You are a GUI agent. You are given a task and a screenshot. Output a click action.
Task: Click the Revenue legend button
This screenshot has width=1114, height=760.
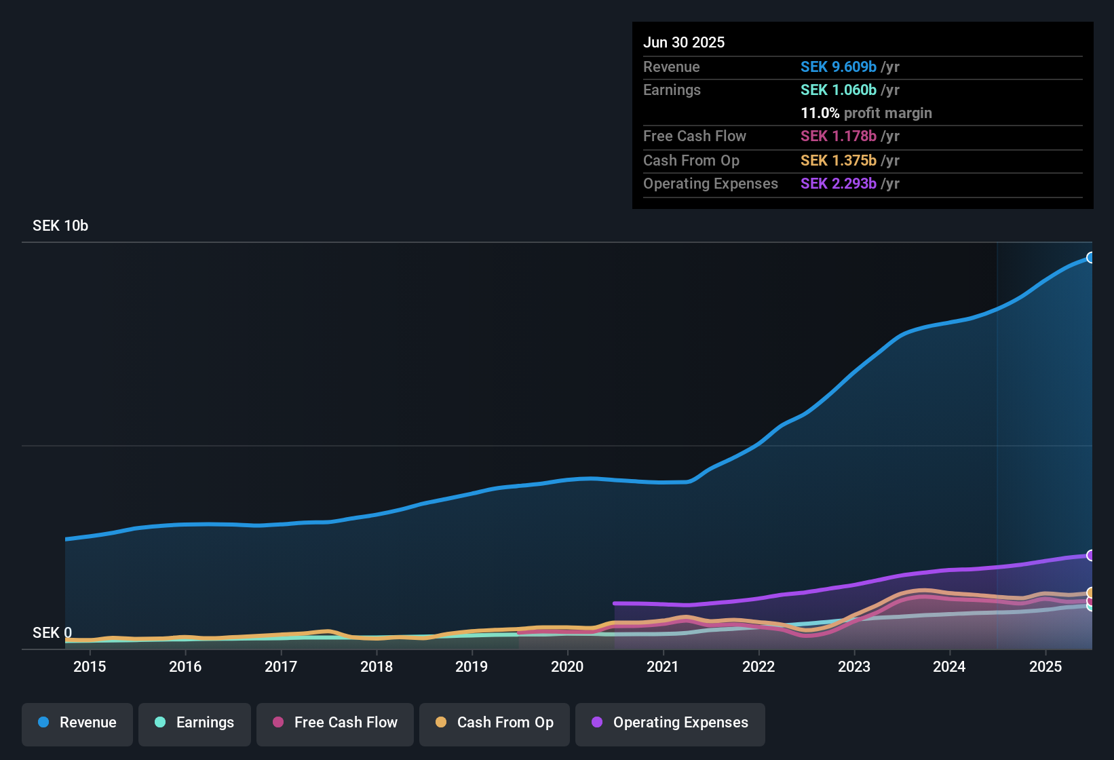[77, 723]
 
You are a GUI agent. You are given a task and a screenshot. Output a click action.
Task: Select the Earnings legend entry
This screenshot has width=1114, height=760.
[195, 723]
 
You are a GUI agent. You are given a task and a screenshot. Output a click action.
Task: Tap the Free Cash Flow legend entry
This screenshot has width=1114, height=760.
[335, 723]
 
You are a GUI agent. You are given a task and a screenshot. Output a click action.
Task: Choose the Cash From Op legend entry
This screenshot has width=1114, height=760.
[495, 723]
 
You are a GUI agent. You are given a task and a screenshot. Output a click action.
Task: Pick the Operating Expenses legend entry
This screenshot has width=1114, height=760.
[670, 723]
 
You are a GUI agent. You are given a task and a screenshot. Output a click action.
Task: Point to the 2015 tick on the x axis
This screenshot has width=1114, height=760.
[90, 666]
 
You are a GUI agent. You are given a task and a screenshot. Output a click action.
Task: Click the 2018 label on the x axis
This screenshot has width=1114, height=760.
[377, 666]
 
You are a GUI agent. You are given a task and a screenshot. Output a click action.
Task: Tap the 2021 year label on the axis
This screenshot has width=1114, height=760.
[663, 666]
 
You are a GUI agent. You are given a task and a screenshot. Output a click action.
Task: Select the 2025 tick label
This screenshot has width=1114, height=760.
[1045, 666]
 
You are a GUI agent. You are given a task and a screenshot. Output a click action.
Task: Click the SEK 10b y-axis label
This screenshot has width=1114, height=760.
[60, 226]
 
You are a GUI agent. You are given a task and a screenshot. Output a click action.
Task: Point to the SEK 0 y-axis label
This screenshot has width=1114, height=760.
[52, 633]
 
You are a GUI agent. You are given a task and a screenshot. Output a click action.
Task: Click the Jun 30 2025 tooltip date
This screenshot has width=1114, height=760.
[684, 43]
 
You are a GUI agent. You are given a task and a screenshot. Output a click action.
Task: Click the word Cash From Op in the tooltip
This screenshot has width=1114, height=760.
[691, 161]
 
